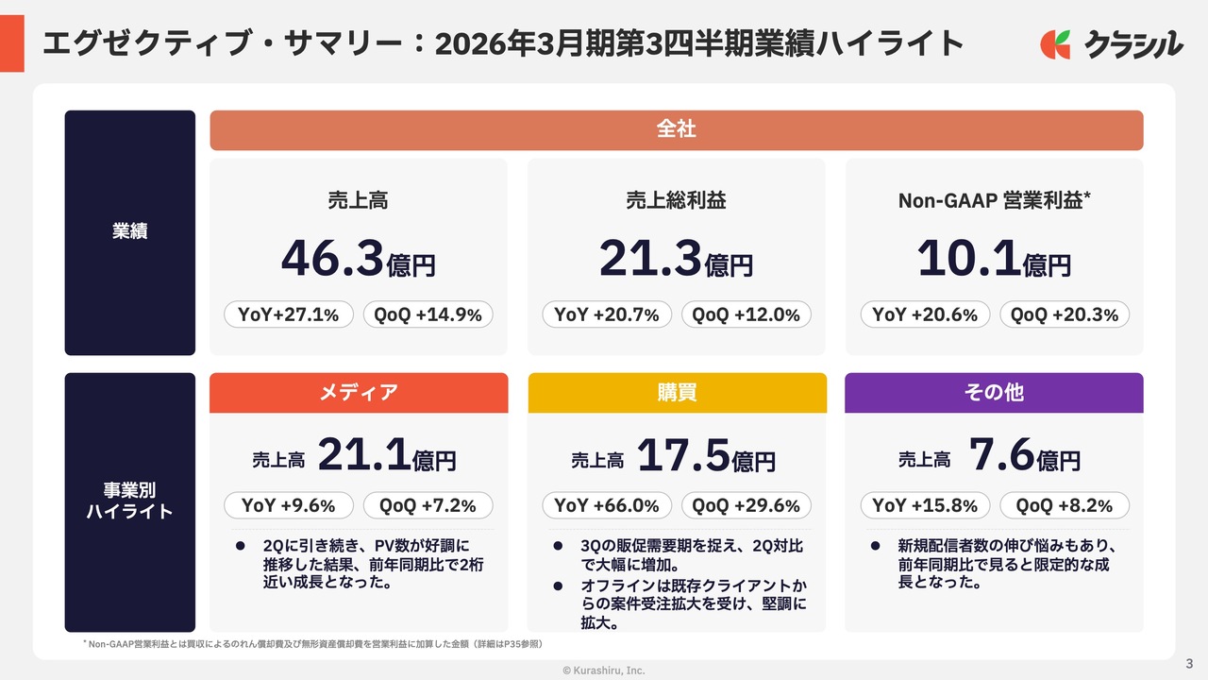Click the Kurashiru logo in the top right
1111,43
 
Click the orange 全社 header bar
676,130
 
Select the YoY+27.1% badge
289,314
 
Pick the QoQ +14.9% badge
428,314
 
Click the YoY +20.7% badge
607,314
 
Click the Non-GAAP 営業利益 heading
995,200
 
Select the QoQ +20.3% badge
1065,314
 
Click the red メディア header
358,393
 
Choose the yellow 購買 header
676,393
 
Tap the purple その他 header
994,393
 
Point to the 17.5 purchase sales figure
683,456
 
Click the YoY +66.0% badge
607,505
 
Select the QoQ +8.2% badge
1065,505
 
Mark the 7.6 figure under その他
1001,456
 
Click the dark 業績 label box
130,232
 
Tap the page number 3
1189,662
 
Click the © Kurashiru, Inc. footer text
604,670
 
